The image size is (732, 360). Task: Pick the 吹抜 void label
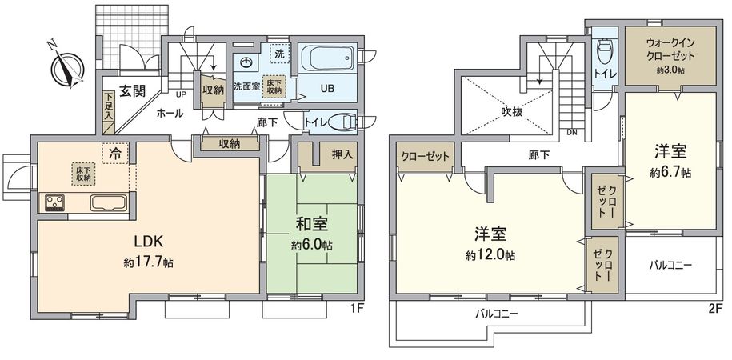[x=512, y=112]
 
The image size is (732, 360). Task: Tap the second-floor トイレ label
[x=604, y=74]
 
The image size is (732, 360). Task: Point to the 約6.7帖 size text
[x=670, y=171]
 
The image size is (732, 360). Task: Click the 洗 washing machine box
[x=278, y=53]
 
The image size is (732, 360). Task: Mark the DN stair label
[x=572, y=132]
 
